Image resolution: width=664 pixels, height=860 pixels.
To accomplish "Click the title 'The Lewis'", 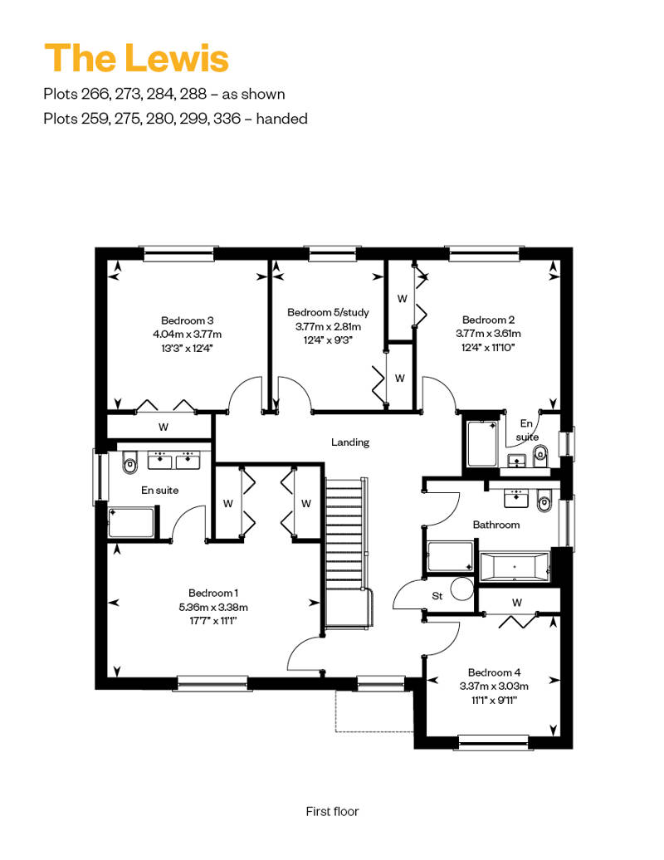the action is pyautogui.click(x=136, y=58).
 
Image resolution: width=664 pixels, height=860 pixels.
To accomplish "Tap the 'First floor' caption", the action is pyautogui.click(x=332, y=811).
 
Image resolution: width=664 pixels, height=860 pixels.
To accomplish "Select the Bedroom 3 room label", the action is pyautogui.click(x=187, y=320).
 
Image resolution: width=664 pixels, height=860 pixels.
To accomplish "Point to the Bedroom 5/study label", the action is pyautogui.click(x=328, y=313).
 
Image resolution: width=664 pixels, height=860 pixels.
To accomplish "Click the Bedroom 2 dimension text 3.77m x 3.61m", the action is pyautogui.click(x=488, y=334).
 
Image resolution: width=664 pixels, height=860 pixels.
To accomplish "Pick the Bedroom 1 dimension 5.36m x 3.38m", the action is pyautogui.click(x=213, y=607).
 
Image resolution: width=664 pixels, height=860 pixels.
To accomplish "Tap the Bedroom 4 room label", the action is pyautogui.click(x=494, y=672).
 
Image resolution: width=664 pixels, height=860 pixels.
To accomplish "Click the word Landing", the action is pyautogui.click(x=349, y=442).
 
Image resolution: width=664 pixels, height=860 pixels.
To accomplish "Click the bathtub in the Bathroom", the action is pyautogui.click(x=515, y=567).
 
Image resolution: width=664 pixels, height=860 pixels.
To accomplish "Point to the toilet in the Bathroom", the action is pyautogui.click(x=544, y=501).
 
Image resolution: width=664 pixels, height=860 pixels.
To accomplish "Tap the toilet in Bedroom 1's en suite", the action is pyautogui.click(x=129, y=462).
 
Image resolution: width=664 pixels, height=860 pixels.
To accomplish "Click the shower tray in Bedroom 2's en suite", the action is pyautogui.click(x=482, y=443).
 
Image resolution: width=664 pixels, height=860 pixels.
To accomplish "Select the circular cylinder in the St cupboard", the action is pyautogui.click(x=461, y=589).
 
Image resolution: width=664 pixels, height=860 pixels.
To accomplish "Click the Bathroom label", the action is pyautogui.click(x=496, y=525).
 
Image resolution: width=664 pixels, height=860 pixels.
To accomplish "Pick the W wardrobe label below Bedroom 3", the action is pyautogui.click(x=163, y=427).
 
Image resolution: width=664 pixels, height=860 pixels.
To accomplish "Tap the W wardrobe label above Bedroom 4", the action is pyautogui.click(x=516, y=603).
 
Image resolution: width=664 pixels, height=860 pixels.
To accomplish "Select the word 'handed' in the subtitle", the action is pyautogui.click(x=282, y=119).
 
